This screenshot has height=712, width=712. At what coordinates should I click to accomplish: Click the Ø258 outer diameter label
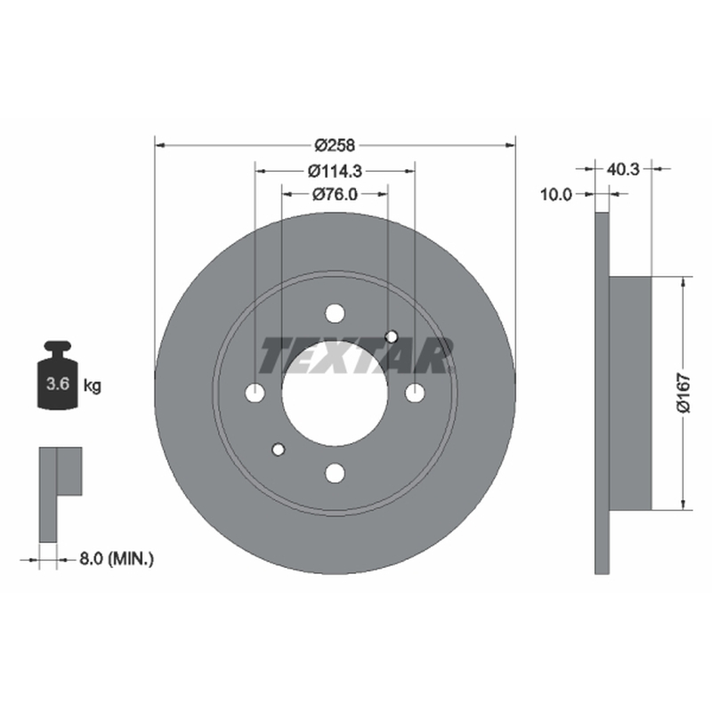pos(335,145)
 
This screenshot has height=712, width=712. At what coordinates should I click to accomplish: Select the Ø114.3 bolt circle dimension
pos(335,171)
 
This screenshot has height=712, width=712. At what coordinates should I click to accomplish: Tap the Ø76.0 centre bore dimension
pos(335,194)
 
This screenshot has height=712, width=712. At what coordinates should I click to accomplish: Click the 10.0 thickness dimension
pos(555,195)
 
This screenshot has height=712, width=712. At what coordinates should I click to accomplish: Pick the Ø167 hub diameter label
pos(684,393)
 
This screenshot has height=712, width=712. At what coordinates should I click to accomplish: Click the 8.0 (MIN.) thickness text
pos(117,559)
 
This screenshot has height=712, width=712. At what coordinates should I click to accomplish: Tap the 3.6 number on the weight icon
pos(58,384)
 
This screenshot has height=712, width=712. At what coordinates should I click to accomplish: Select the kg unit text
pos(93,386)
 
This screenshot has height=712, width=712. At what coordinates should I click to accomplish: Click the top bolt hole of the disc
pos(336,313)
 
